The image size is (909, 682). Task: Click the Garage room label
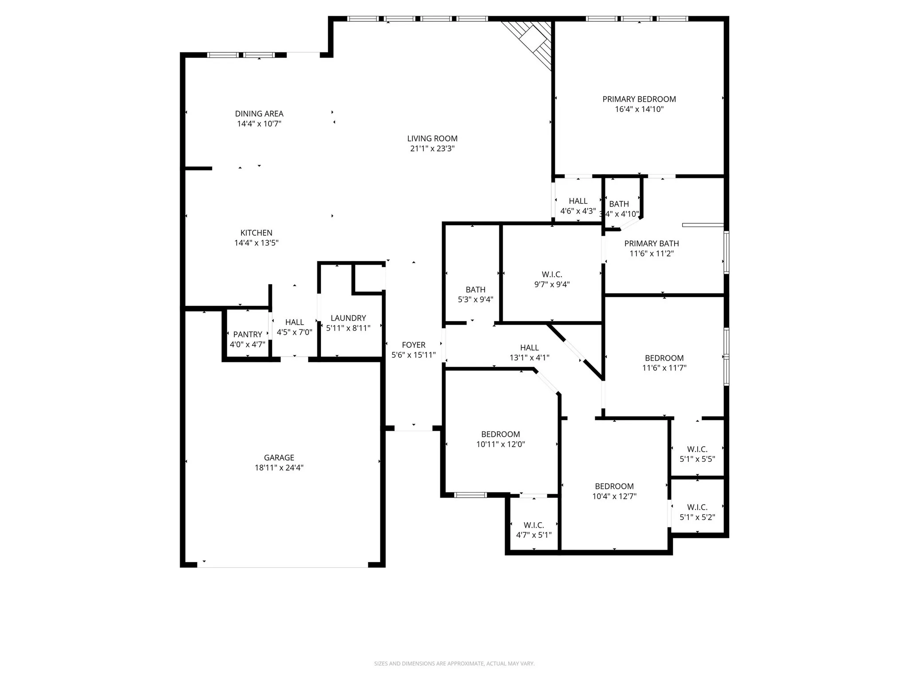pyautogui.click(x=279, y=457)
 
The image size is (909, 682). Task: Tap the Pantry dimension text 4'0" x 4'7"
pyautogui.click(x=247, y=345)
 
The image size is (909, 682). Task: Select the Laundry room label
pyautogui.click(x=348, y=318)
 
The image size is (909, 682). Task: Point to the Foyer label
pyautogui.click(x=413, y=345)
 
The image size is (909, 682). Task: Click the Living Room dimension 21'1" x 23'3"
pyautogui.click(x=432, y=149)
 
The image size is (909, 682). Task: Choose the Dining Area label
pyautogui.click(x=259, y=114)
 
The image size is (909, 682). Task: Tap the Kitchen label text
pyautogui.click(x=256, y=233)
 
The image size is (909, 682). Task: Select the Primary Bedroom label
pyautogui.click(x=639, y=99)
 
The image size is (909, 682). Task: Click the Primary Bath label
pyautogui.click(x=651, y=243)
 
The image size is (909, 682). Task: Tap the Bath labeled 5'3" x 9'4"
pyautogui.click(x=475, y=294)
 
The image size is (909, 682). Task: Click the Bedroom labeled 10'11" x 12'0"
pyautogui.click(x=500, y=439)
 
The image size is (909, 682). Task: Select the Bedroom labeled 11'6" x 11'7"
pyautogui.click(x=664, y=363)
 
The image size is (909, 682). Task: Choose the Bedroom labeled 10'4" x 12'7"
pyautogui.click(x=614, y=491)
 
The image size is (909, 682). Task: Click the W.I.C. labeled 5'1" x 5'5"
pyautogui.click(x=697, y=454)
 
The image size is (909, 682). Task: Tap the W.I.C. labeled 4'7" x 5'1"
pyautogui.click(x=534, y=530)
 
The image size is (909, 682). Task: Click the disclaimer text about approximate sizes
pyautogui.click(x=454, y=664)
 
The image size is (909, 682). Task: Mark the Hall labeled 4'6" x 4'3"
pyautogui.click(x=578, y=206)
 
